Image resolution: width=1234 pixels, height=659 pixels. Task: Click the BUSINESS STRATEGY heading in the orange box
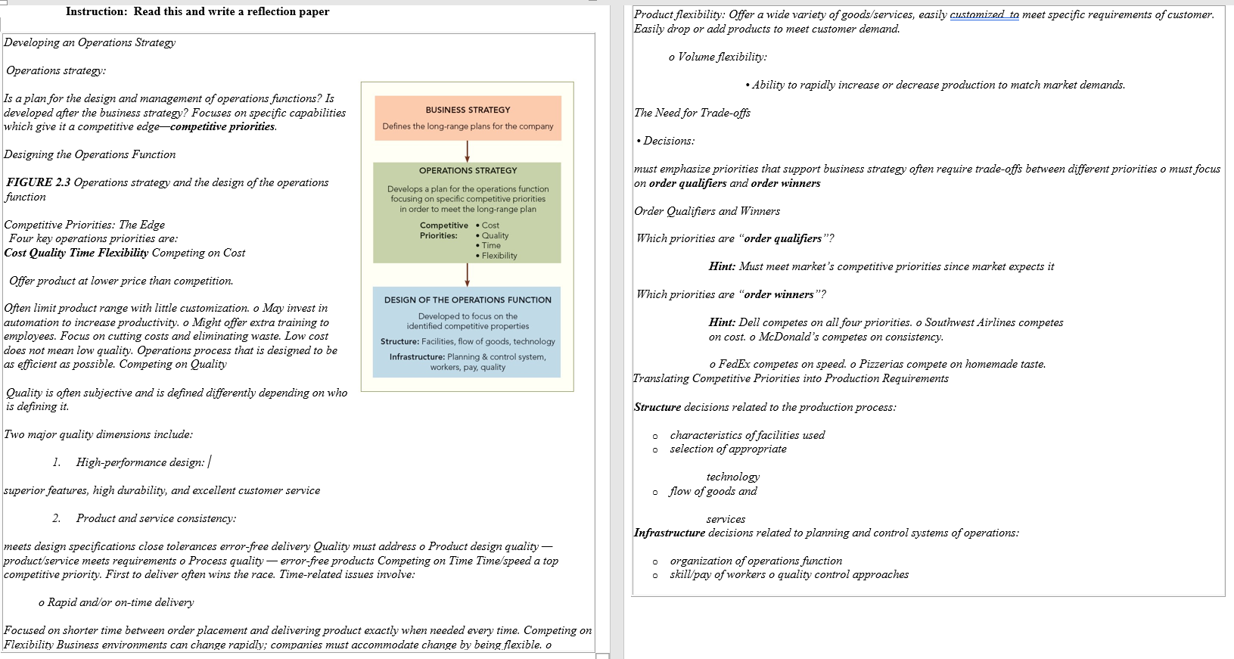click(468, 110)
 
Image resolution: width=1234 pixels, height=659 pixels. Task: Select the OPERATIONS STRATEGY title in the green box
click(468, 170)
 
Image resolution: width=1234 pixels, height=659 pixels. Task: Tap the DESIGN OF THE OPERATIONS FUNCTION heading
click(468, 300)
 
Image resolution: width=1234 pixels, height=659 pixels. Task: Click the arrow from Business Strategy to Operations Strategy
click(468, 151)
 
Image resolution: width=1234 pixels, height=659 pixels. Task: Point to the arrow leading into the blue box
click(468, 274)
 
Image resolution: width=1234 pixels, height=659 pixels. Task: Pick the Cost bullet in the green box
click(490, 225)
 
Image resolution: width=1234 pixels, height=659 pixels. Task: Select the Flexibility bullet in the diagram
click(499, 256)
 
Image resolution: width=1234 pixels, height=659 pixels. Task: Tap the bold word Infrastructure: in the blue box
click(417, 357)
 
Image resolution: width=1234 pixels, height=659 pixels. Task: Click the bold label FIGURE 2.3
click(39, 182)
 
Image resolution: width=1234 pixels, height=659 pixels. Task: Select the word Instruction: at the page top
click(96, 11)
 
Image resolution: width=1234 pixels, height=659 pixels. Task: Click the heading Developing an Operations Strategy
click(89, 42)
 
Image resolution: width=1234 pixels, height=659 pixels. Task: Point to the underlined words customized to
click(984, 14)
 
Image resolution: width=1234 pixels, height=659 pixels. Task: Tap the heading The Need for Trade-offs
click(692, 113)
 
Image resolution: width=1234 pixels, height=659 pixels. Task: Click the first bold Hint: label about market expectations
click(722, 266)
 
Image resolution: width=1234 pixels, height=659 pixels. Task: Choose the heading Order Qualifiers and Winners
click(707, 211)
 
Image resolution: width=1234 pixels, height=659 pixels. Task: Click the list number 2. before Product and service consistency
click(57, 518)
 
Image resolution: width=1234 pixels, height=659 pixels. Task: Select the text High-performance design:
click(140, 462)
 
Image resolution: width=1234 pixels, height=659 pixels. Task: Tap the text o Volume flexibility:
click(718, 57)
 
